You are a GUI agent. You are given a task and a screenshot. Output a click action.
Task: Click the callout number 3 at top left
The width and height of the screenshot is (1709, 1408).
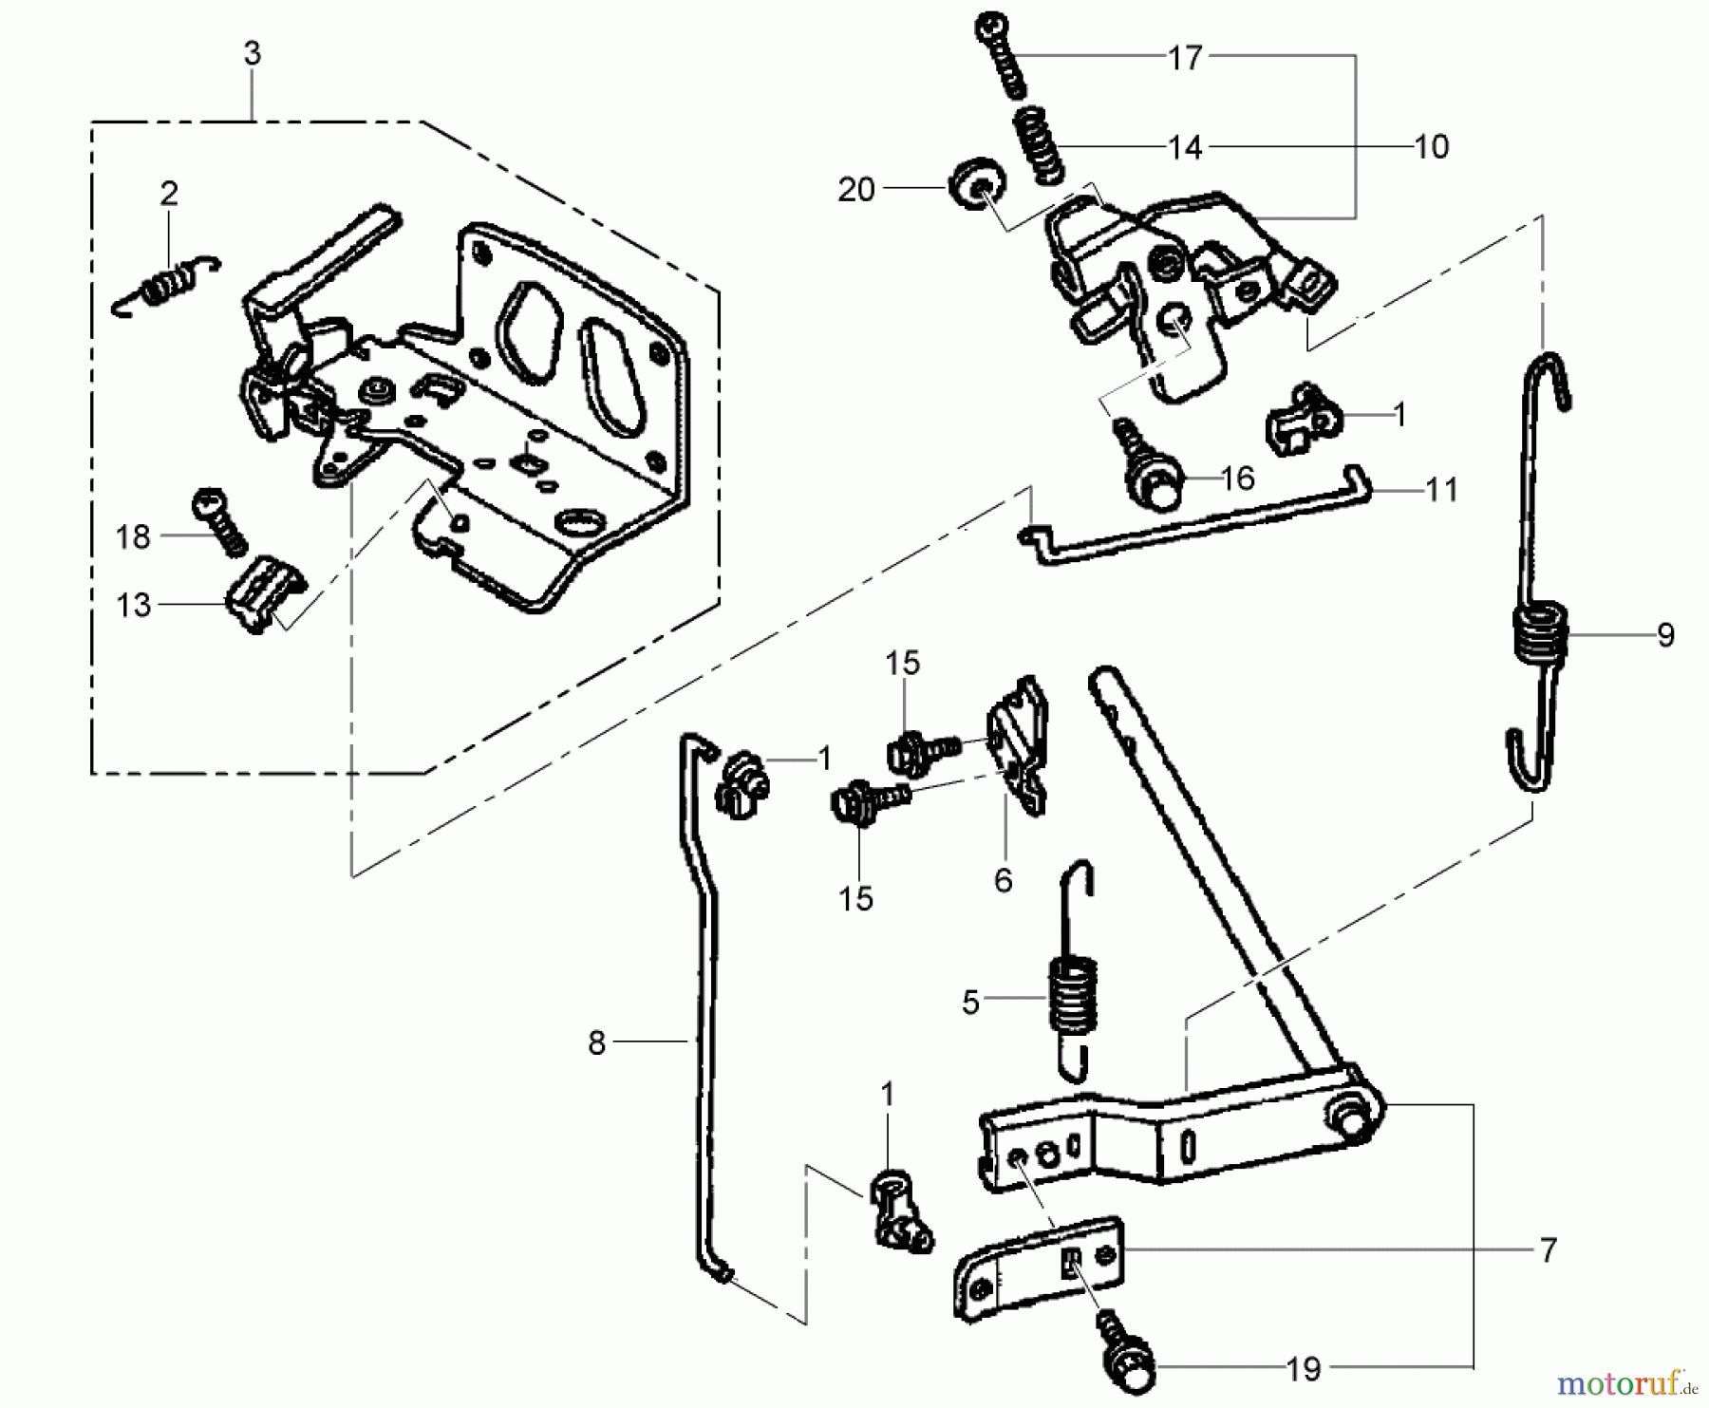click(x=252, y=54)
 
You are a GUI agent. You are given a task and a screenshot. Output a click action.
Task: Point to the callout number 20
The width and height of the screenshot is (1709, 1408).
click(x=855, y=190)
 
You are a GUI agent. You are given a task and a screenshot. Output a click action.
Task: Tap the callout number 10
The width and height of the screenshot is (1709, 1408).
click(x=1431, y=147)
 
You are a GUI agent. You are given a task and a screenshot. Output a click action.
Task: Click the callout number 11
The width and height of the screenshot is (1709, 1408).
click(x=1441, y=490)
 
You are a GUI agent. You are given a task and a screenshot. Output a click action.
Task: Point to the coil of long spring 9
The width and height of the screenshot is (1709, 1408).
click(x=1538, y=632)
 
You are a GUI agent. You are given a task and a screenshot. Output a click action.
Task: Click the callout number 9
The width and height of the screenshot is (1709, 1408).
click(x=1665, y=635)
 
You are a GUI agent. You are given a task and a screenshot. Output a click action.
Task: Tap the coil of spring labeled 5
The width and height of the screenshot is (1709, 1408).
click(x=1073, y=997)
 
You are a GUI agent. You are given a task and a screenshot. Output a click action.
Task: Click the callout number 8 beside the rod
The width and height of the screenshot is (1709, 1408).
click(x=596, y=1043)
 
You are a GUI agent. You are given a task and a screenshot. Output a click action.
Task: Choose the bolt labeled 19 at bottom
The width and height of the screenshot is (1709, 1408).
click(x=1126, y=1351)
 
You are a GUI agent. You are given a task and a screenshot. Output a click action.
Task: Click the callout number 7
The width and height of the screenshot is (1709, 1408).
click(x=1548, y=1250)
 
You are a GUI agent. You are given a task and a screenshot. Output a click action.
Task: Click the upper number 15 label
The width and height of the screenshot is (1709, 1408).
click(x=903, y=664)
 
